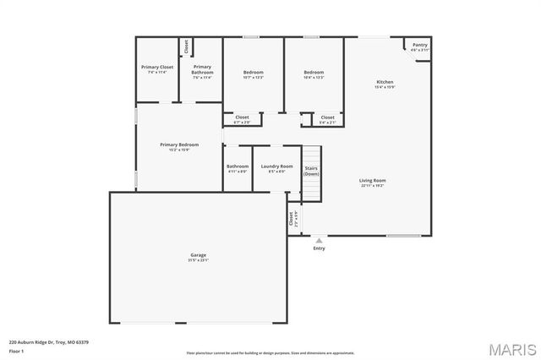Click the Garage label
tap(199, 254)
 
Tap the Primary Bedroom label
tap(179, 145)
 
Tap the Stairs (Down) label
tap(311, 170)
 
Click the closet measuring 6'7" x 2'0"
tap(242, 117)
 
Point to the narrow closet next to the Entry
tap(292, 220)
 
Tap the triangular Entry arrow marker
tap(319, 241)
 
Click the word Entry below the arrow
tap(319, 248)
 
